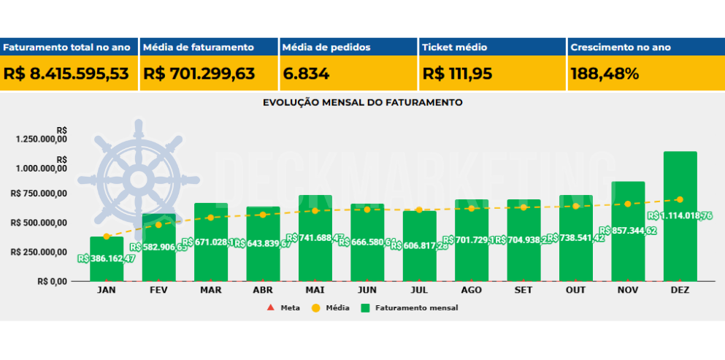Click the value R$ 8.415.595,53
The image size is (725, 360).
pos(66,74)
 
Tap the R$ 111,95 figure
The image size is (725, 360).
pos(457,74)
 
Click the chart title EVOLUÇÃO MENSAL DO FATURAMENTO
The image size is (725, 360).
pos(362,103)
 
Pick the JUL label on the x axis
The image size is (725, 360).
pos(419,290)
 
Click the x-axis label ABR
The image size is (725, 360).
pos(263,290)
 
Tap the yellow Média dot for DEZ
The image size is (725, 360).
pos(680,199)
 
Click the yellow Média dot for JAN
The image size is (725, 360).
pos(107,237)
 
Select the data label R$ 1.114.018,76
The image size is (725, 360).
pos(680,215)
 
